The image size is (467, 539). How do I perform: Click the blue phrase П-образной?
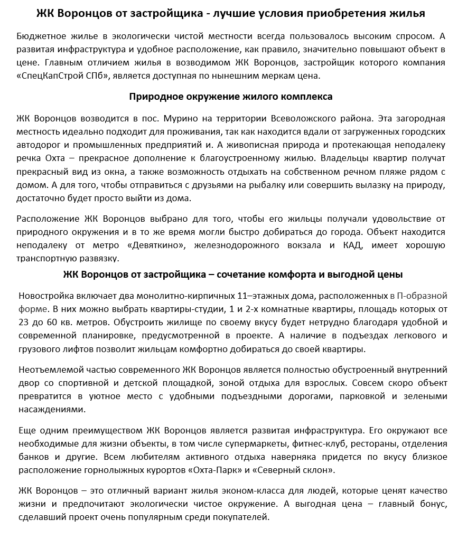coord(422,295)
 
